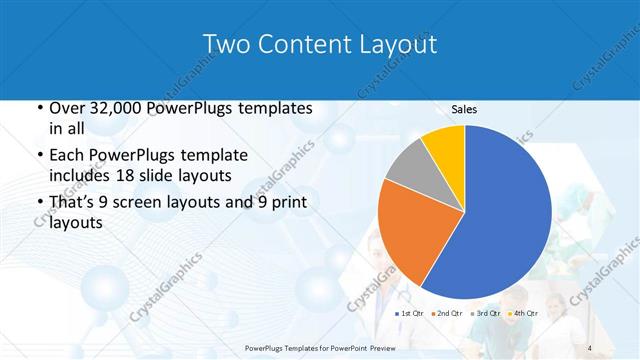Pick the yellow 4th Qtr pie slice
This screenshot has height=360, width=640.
[444, 143]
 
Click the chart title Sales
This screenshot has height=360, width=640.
[464, 108]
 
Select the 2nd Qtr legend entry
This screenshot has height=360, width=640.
[448, 313]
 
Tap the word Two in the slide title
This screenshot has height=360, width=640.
[226, 44]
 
